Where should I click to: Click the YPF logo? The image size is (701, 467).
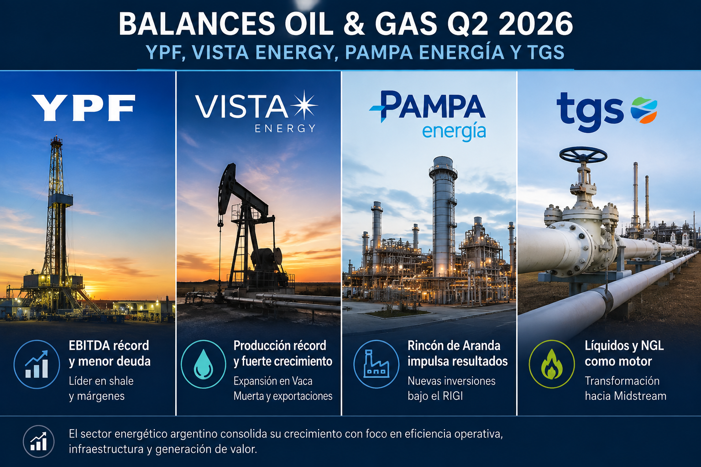pos(84,108)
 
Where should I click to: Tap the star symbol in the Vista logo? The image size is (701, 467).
pos(304,105)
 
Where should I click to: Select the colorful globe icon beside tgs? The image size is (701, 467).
pos(644,110)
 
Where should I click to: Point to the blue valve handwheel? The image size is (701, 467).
pos(583,155)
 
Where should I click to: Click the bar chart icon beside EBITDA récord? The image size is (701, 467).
pos(37,364)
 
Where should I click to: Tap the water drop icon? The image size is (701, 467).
pos(204,364)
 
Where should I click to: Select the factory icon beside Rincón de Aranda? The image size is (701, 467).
pos(377,364)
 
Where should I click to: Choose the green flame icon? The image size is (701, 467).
pos(552,364)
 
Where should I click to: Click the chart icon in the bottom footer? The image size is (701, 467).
pos(38,441)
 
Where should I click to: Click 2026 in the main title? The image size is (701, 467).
pos(535,24)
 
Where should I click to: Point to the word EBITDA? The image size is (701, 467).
pos(89,346)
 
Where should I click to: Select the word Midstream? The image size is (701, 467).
pos(640,396)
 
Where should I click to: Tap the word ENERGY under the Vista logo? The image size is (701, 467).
pos(285,128)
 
